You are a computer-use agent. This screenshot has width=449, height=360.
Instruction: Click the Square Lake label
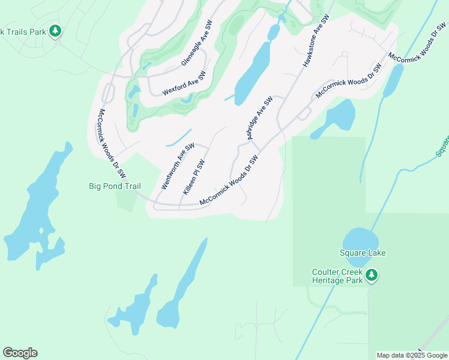(x=362, y=253)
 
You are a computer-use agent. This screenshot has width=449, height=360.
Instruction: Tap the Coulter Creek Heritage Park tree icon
(x=372, y=275)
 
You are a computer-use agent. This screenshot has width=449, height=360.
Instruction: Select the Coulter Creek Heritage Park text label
(x=337, y=276)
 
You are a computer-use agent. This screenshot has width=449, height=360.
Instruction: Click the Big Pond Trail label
(x=115, y=186)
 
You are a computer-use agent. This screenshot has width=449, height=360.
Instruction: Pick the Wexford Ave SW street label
(x=184, y=83)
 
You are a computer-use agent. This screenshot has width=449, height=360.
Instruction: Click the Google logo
(x=20, y=353)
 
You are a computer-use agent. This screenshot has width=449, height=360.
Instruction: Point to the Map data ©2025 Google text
(x=412, y=355)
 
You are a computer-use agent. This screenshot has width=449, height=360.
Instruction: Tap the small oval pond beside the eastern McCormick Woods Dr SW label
(x=394, y=81)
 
